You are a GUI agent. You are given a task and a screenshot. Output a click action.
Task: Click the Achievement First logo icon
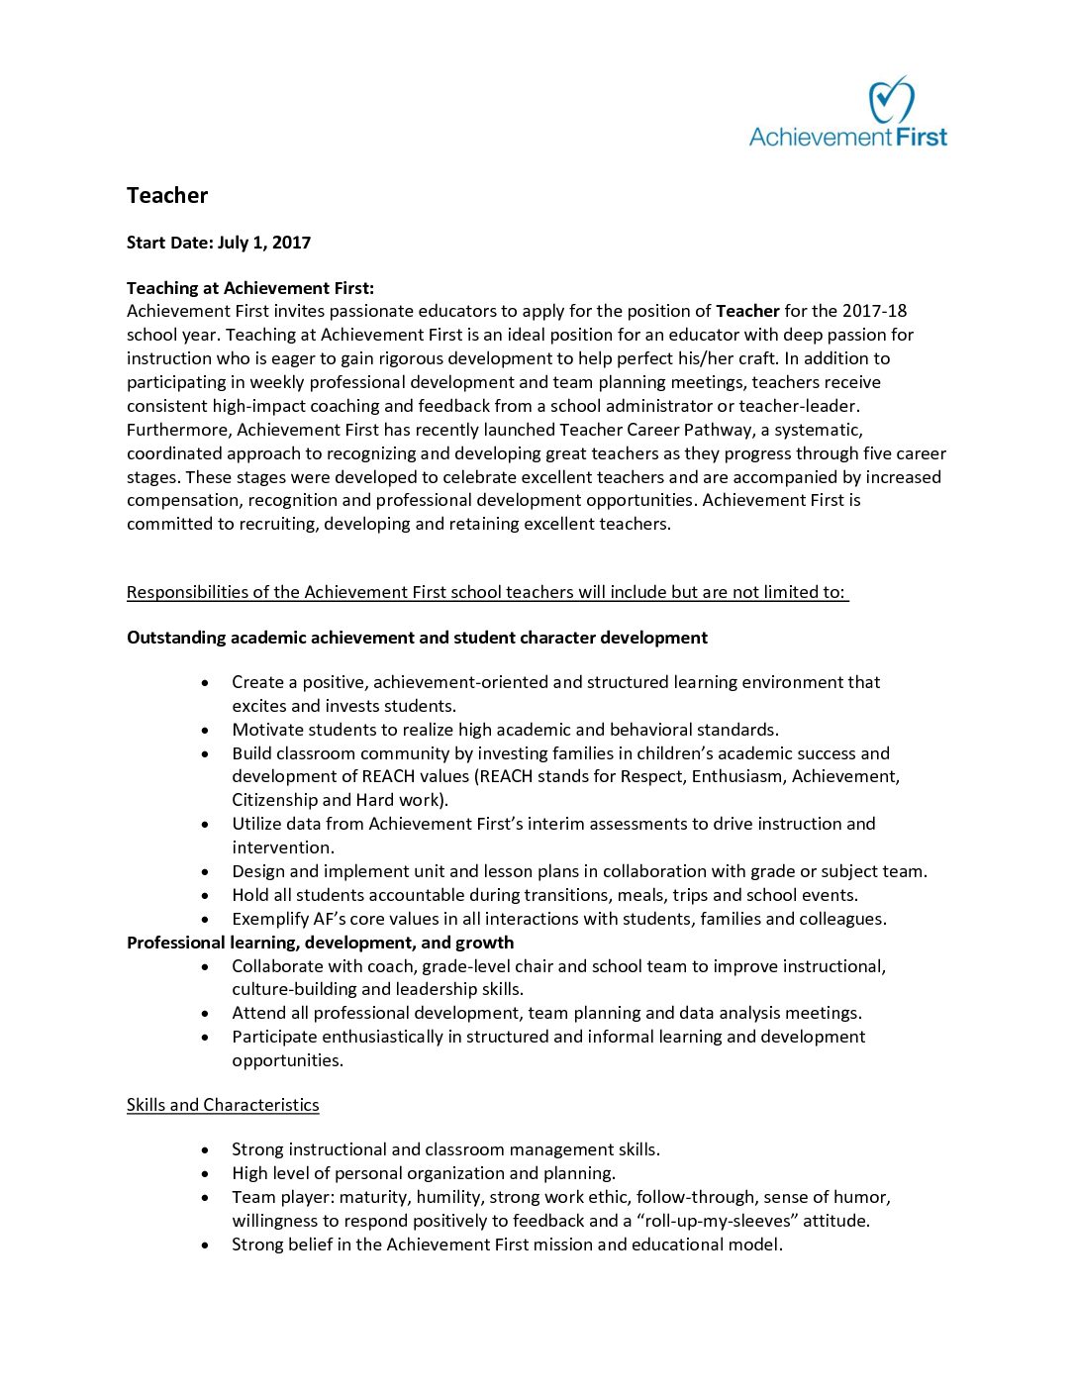(x=891, y=100)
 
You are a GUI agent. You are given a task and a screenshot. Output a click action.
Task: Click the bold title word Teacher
(x=167, y=195)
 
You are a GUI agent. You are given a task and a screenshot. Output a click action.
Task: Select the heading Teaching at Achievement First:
(x=250, y=288)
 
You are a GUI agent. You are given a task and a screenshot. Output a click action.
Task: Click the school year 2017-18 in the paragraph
(x=875, y=311)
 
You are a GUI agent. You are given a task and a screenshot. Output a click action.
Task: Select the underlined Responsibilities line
(x=487, y=592)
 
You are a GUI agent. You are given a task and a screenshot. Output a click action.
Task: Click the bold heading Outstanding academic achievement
(x=417, y=638)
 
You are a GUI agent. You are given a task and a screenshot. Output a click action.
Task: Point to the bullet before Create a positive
(x=205, y=683)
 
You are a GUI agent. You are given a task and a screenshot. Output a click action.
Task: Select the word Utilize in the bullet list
(x=255, y=824)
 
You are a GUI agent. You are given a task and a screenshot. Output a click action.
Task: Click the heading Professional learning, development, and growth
(x=320, y=943)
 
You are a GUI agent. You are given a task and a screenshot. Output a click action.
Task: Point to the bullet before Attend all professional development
(x=205, y=1014)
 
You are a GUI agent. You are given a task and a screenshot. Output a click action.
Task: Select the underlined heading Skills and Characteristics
(x=223, y=1105)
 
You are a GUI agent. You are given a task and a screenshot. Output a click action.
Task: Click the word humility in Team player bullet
(x=448, y=1197)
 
